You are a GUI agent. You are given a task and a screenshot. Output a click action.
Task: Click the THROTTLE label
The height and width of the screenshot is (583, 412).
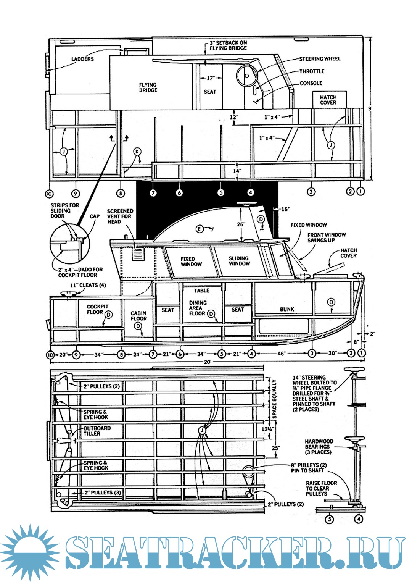[x=312, y=71]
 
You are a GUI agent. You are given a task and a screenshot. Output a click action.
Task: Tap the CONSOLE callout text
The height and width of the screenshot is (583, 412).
[x=311, y=83]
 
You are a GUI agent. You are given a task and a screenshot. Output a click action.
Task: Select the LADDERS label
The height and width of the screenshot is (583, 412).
[x=82, y=59]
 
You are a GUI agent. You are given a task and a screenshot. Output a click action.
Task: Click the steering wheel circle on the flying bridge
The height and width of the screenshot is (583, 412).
[x=246, y=76]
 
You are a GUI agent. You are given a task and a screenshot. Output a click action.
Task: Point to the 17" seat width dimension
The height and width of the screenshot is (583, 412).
[x=210, y=78]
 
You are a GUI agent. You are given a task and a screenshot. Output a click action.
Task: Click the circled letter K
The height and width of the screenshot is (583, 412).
[x=137, y=152]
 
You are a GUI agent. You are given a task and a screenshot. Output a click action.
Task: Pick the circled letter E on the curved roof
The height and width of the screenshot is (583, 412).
[x=199, y=229]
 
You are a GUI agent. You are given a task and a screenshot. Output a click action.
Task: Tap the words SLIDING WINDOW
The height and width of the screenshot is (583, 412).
[x=239, y=261]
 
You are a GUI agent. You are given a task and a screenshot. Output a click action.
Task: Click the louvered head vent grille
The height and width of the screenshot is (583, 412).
[x=138, y=253]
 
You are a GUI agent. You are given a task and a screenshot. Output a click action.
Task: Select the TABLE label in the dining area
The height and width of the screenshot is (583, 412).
[x=201, y=291]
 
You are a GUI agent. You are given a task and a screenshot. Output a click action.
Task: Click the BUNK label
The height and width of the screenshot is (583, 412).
[x=287, y=309]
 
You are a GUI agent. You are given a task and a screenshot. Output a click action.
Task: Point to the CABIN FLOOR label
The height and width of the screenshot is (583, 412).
[x=138, y=316]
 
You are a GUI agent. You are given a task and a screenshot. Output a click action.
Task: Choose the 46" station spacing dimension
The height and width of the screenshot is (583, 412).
[x=281, y=354]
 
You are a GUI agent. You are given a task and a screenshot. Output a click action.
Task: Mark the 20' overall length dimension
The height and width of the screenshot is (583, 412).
[x=207, y=361]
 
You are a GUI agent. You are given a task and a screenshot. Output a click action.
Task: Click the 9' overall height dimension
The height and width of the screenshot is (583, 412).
[x=369, y=108]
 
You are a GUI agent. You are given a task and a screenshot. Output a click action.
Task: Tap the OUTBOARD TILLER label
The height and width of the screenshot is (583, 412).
[x=97, y=431]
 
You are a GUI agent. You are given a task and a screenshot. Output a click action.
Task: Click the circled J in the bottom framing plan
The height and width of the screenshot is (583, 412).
[x=202, y=431]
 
